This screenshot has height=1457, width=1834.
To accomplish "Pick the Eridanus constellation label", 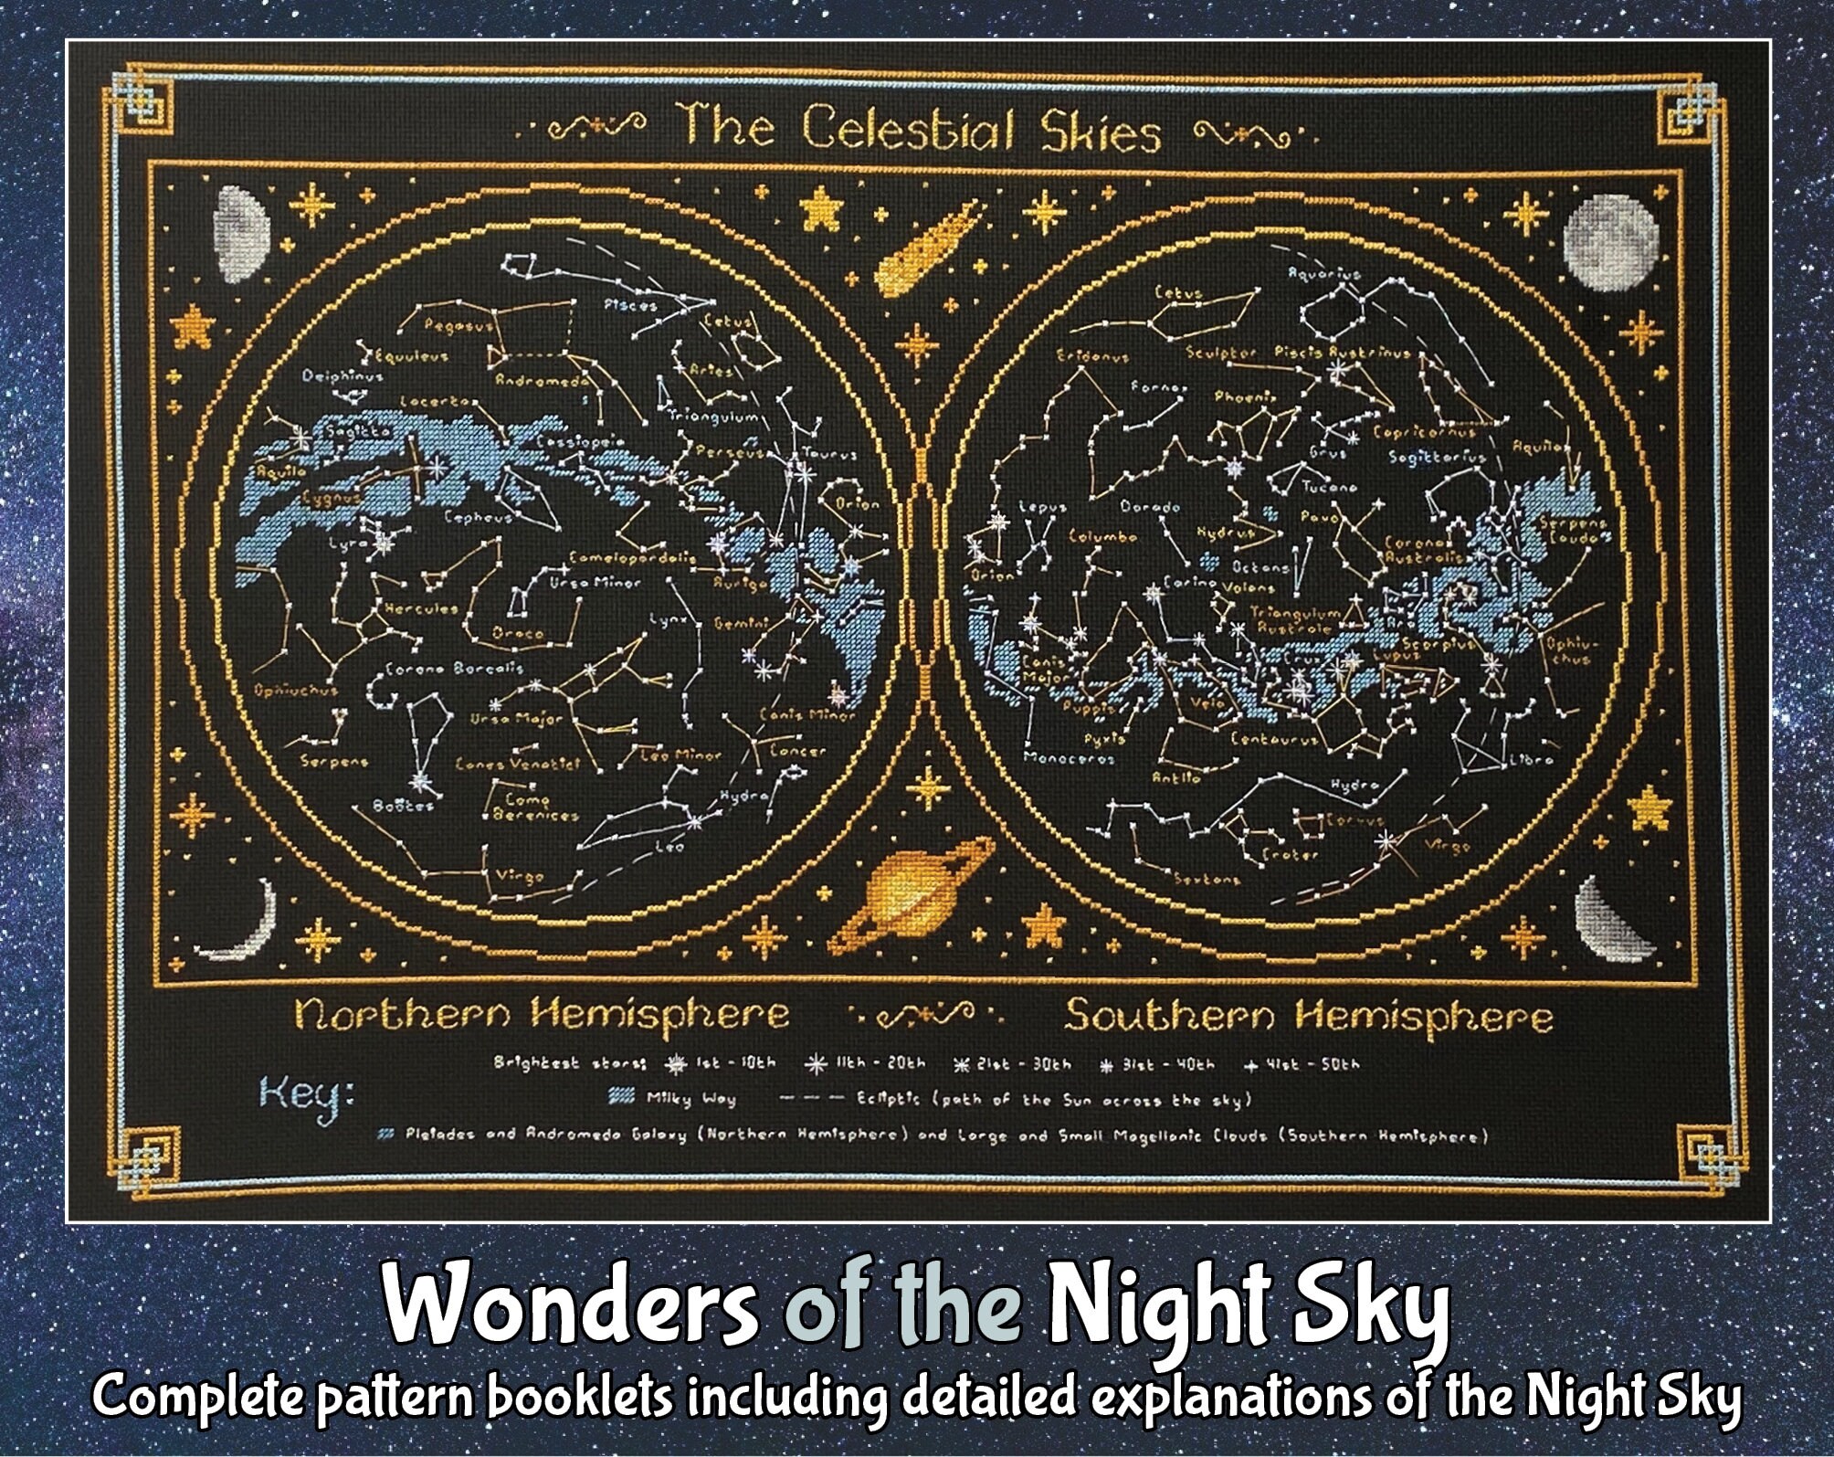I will pos(1093,357).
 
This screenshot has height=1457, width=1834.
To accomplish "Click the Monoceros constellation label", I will pos(1057,758).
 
